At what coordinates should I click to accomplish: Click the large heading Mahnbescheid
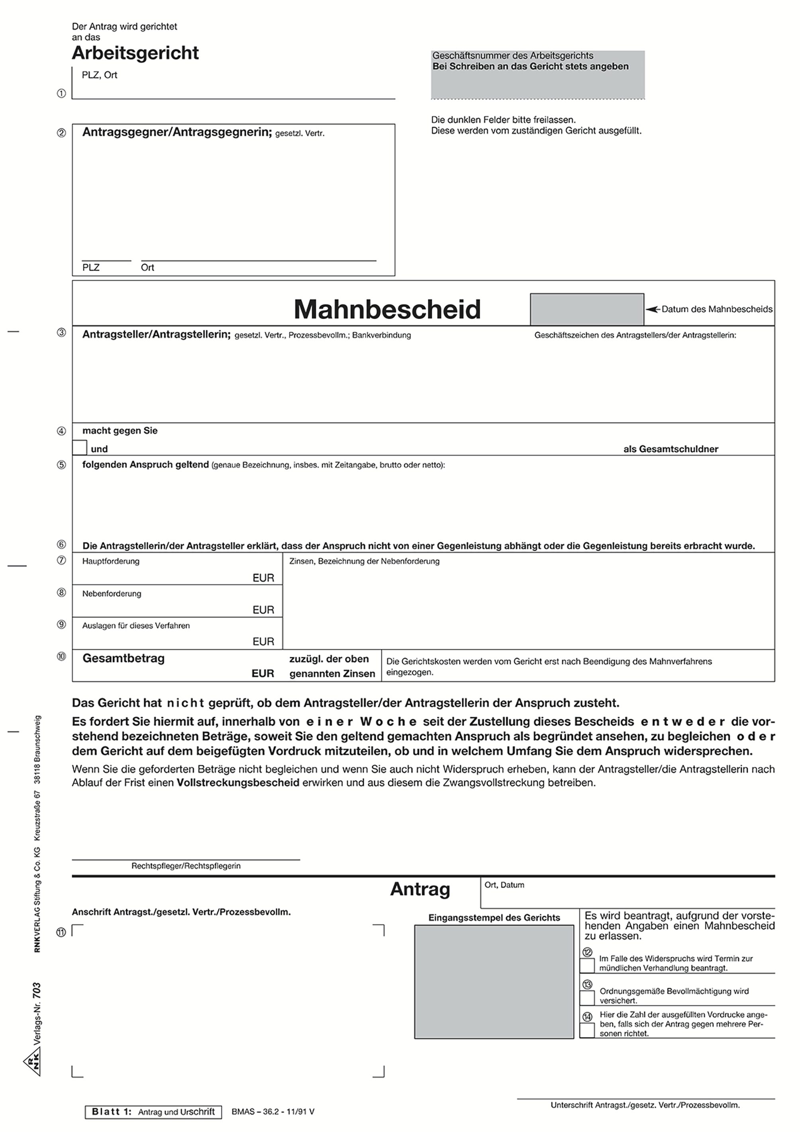click(387, 309)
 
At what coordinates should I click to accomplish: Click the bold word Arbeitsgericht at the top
click(135, 53)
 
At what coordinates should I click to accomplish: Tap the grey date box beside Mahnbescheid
click(586, 309)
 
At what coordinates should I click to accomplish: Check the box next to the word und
click(79, 448)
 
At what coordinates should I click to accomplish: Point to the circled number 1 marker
click(61, 93)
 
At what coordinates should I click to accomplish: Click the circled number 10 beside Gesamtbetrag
click(61, 657)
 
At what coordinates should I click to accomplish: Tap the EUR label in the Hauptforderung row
click(263, 578)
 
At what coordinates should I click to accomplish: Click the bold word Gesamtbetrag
click(123, 658)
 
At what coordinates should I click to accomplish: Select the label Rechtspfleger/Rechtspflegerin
click(186, 866)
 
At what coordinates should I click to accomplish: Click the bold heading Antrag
click(420, 889)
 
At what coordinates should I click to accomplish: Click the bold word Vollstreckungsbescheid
click(237, 782)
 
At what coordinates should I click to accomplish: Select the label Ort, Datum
click(504, 885)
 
